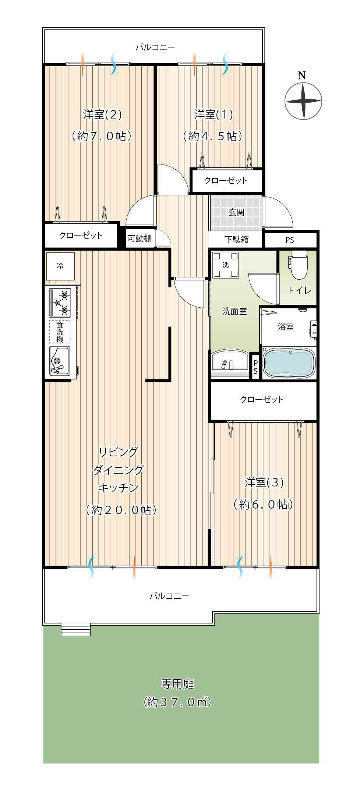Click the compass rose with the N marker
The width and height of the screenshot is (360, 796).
pos(303,101)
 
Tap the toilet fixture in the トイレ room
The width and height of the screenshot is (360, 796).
pos(299,265)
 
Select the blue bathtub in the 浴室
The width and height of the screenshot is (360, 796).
pos(289,363)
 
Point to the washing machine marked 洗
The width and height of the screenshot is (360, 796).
pos(226,265)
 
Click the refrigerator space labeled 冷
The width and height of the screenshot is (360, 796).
pos(60,266)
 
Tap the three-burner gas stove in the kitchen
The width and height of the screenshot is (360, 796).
pos(60,303)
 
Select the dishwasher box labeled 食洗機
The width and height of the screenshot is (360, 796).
pos(60,332)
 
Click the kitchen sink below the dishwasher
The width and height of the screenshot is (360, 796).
pos(60,361)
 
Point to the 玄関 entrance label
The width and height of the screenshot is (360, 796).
pos(236,212)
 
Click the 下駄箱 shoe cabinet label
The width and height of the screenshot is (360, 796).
pos(237,240)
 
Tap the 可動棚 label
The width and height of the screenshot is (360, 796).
pos(140,238)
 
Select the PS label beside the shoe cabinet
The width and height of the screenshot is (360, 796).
pos(290,240)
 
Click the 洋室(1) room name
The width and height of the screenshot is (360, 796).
pos(213,114)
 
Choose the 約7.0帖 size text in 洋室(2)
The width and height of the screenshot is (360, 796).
pos(101,136)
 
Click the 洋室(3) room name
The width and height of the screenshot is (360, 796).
pos(264,482)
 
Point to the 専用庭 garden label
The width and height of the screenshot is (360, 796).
pos(177,684)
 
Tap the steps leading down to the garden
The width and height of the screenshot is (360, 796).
pos(76,629)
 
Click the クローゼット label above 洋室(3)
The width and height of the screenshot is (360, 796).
pos(262,399)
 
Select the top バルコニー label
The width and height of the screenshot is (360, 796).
pos(155,47)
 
